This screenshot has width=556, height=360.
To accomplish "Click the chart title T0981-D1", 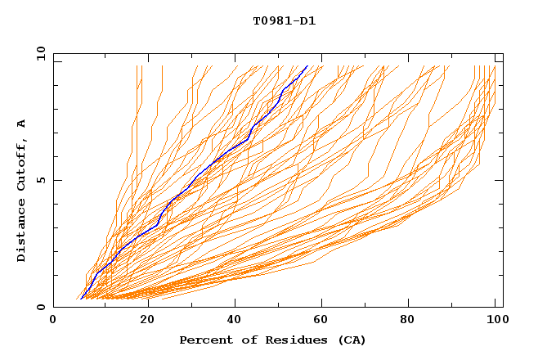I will pyautogui.click(x=284, y=21).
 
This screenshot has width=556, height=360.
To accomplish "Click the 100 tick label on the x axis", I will pyautogui.click(x=495, y=322).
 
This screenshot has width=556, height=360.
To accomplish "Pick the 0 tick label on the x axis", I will pyautogui.click(x=54, y=322).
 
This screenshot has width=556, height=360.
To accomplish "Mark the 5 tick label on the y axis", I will pyautogui.click(x=40, y=180).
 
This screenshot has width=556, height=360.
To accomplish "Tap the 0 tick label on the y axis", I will pyautogui.click(x=40, y=307).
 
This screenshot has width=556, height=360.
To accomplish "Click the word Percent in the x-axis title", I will pyautogui.click(x=202, y=340).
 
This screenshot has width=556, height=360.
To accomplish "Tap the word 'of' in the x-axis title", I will pyautogui.click(x=241, y=340).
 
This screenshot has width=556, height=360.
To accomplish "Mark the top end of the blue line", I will pyautogui.click(x=307, y=66).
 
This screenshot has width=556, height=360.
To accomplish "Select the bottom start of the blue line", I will pyautogui.click(x=82, y=298).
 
